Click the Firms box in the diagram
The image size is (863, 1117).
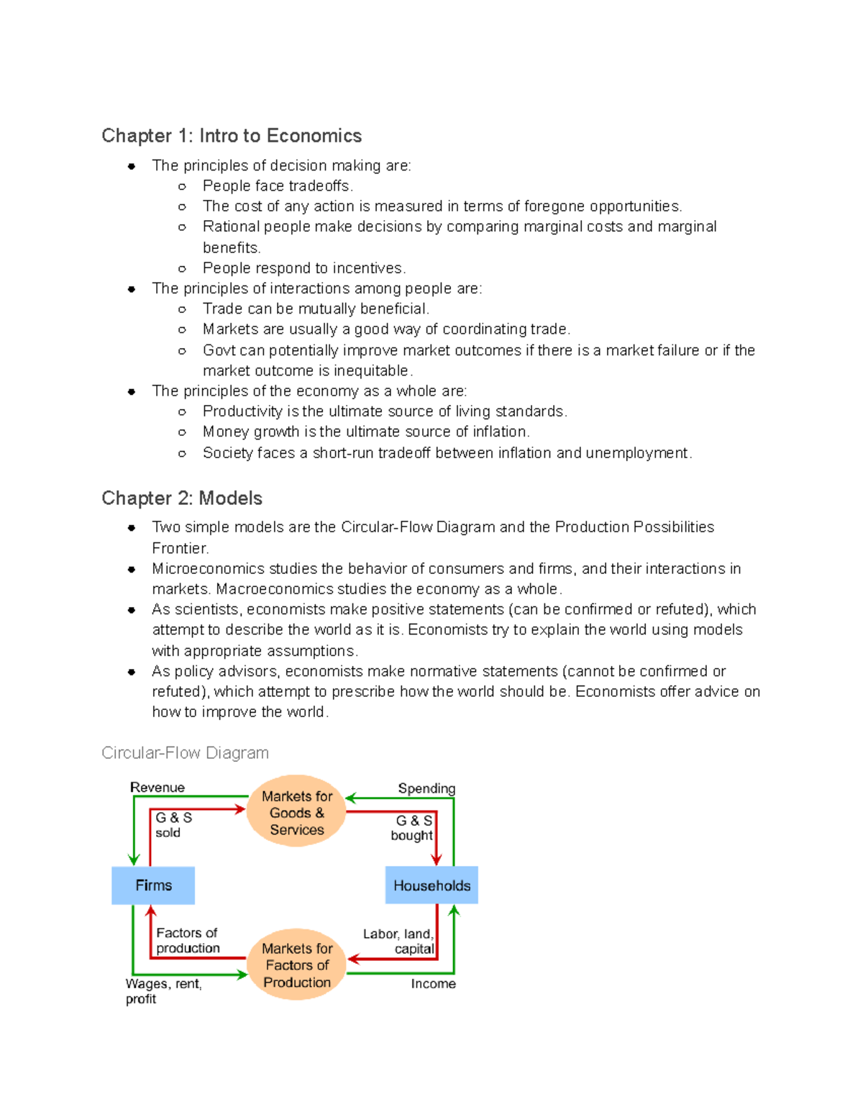click(153, 885)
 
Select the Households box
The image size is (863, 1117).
click(431, 885)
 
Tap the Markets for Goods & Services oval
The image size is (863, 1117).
click(296, 812)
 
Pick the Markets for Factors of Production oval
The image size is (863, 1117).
click(296, 965)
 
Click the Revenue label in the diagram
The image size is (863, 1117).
click(157, 787)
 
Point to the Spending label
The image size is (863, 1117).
click(426, 788)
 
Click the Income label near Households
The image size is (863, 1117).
click(433, 983)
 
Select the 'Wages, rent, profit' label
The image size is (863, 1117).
click(163, 990)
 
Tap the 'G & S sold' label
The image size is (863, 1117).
click(173, 825)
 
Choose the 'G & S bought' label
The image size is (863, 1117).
click(412, 828)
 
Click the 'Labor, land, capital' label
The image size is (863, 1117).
click(399, 941)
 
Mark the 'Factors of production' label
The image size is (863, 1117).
click(188, 940)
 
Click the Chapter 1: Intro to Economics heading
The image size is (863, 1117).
click(232, 135)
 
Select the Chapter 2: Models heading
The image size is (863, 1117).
click(182, 498)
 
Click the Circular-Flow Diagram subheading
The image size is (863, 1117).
click(185, 752)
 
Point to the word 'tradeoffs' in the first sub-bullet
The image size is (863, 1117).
click(319, 186)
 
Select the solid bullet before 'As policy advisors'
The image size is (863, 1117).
click(132, 672)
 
